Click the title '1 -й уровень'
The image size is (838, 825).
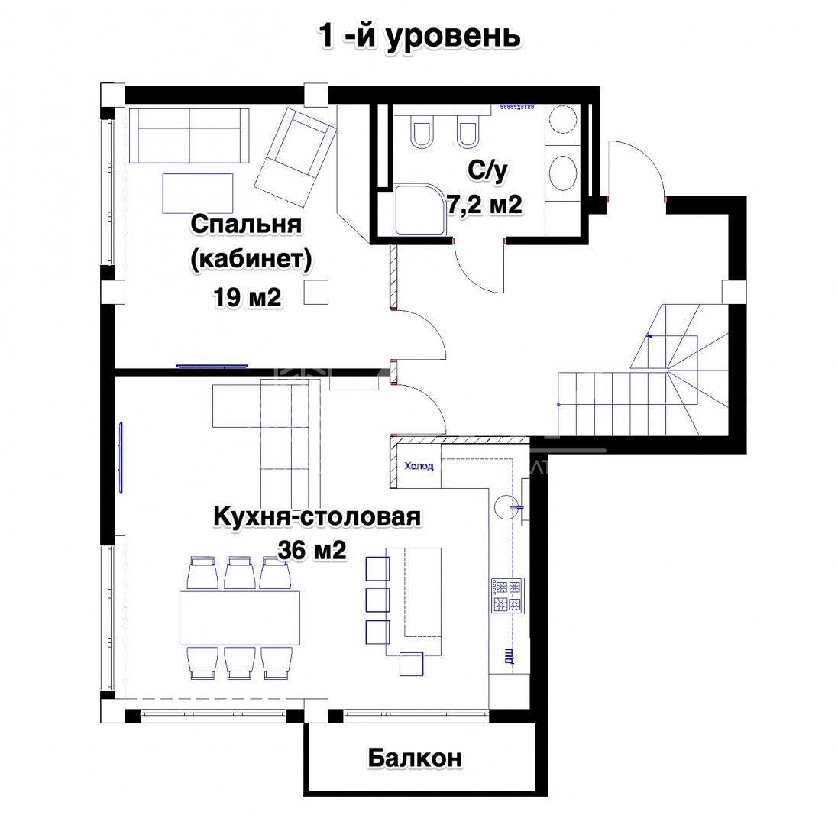click(x=419, y=37)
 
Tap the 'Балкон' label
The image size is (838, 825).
click(x=415, y=758)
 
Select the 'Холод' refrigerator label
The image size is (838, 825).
click(x=419, y=466)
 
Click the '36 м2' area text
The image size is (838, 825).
click(x=312, y=550)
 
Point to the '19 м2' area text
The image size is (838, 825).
click(x=247, y=297)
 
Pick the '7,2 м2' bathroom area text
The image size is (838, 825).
click(x=484, y=205)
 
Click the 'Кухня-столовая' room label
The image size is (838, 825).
click(x=317, y=517)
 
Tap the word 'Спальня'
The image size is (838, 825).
click(x=247, y=224)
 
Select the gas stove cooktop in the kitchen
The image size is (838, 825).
click(x=506, y=597)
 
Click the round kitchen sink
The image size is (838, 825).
click(x=506, y=506)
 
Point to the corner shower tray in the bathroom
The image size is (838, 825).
click(x=421, y=209)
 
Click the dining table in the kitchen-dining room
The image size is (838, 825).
click(x=239, y=618)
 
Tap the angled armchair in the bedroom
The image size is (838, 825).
click(x=294, y=157)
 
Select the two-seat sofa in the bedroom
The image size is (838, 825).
click(x=189, y=136)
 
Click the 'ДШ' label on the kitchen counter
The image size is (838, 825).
click(x=510, y=656)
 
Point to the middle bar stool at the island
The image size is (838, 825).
click(x=377, y=600)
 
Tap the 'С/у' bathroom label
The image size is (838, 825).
click(x=487, y=171)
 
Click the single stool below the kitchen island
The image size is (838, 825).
click(x=412, y=664)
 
